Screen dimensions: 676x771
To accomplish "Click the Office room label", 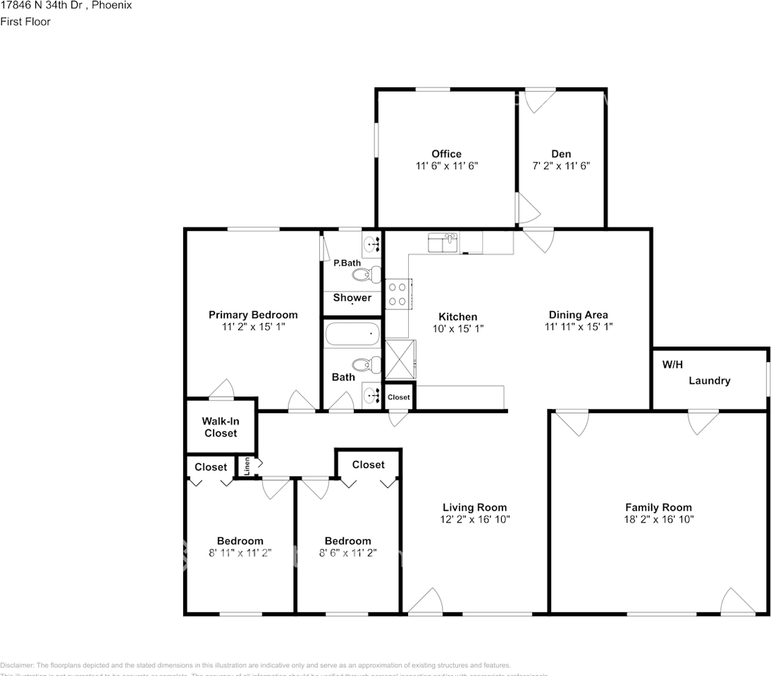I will pos(446,154).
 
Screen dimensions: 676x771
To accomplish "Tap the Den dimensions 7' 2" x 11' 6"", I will pos(561,166).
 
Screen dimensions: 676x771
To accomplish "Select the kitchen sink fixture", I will pos(443,243).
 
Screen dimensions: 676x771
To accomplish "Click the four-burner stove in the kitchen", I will pos(397,294).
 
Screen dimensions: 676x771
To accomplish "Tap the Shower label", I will pos(352,298).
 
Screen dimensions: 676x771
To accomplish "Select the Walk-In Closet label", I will pos(221,427).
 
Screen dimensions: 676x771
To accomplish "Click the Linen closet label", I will pos(247,466).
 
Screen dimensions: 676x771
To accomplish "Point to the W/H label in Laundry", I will pos(673,365).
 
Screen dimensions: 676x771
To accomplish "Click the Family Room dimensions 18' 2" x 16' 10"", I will pos(658,520).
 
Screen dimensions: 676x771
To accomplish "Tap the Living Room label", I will pos(474,507).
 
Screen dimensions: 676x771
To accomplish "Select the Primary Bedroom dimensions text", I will pos(253,327).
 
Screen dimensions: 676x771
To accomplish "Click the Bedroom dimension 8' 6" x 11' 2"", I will pos(347,553).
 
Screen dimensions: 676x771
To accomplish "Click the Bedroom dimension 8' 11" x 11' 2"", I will pos(240,553).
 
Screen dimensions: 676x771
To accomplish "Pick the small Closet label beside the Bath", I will pos(398,397).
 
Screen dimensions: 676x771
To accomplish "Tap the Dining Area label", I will pos(578,315).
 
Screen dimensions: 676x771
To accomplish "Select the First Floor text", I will pos(25,22).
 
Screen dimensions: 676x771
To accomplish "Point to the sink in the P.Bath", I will pos(371,245).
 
